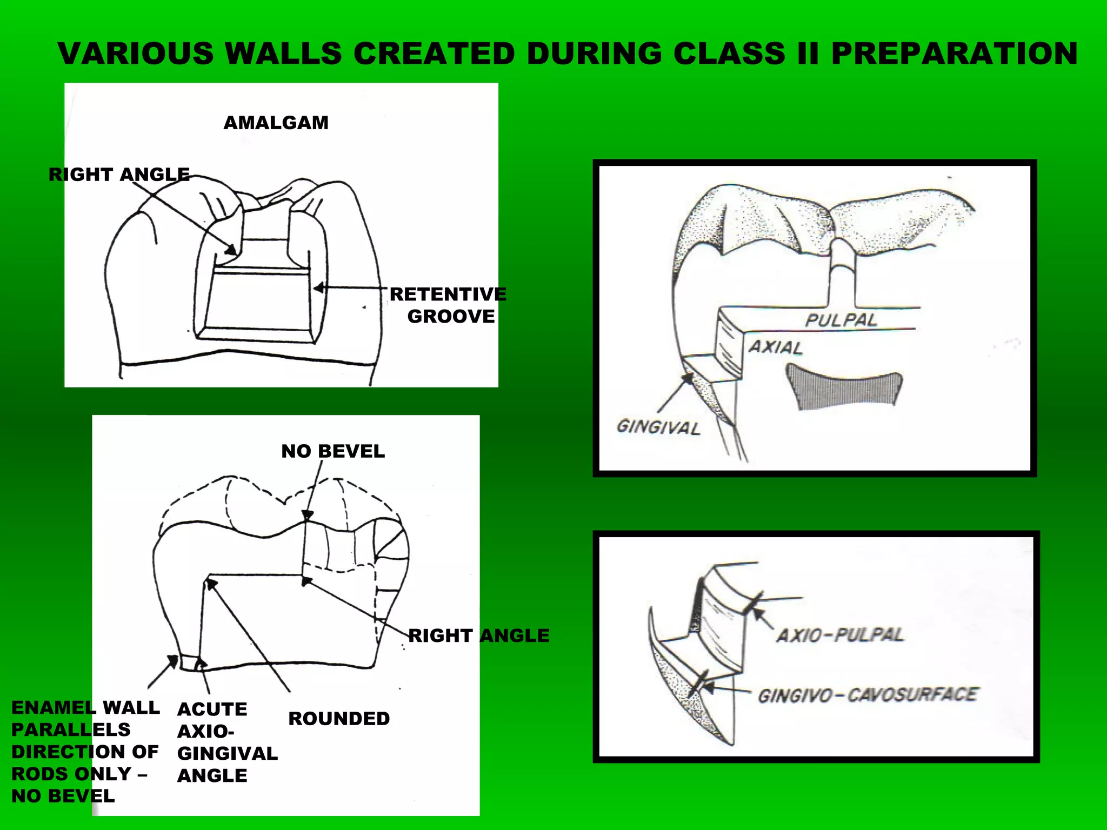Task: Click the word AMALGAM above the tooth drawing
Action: [x=276, y=123]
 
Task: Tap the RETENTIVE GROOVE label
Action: [x=448, y=305]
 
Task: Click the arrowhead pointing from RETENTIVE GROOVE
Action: [x=319, y=288]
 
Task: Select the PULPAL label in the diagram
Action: [x=841, y=320]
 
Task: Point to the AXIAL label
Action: [x=775, y=347]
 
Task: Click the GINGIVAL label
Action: [x=658, y=427]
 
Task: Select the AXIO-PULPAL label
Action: [x=839, y=634]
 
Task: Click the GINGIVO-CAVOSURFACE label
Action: [x=867, y=695]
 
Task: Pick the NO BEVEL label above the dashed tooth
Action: [x=333, y=451]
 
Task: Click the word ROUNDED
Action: [x=339, y=718]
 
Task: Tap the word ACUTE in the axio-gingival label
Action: [x=212, y=708]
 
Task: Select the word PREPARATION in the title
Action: [x=954, y=53]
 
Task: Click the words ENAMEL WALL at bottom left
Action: [x=85, y=707]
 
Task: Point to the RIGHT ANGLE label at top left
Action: [x=119, y=174]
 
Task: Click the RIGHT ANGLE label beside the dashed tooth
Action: [x=478, y=635]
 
